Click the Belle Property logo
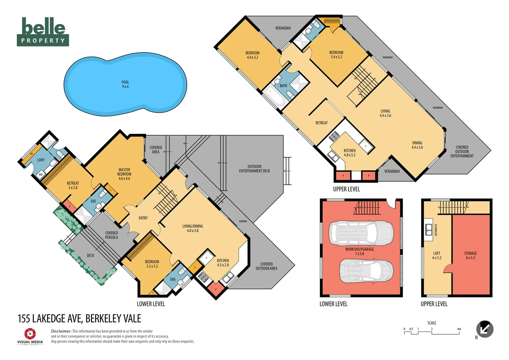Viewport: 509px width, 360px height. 43,32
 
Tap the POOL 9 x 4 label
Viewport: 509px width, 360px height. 125,84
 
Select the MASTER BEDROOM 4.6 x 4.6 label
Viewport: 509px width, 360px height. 124,174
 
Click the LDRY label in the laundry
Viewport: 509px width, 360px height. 41,160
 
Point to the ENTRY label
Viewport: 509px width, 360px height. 143,218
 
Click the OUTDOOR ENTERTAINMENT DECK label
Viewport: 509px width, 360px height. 254,169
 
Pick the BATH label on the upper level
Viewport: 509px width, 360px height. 283,86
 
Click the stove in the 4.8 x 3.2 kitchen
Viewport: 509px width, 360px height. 334,136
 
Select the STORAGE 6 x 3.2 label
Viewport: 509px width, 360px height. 470,256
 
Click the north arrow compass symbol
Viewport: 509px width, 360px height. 485,329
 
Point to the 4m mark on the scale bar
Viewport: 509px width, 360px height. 459,329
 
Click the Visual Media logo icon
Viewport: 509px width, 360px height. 30,334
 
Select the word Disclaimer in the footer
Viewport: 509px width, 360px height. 61,331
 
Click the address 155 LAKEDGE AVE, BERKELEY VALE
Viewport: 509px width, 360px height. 79,319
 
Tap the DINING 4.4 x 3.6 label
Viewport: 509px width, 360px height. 417,145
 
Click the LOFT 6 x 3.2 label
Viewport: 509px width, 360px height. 437,256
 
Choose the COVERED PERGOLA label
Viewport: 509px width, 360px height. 112,235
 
